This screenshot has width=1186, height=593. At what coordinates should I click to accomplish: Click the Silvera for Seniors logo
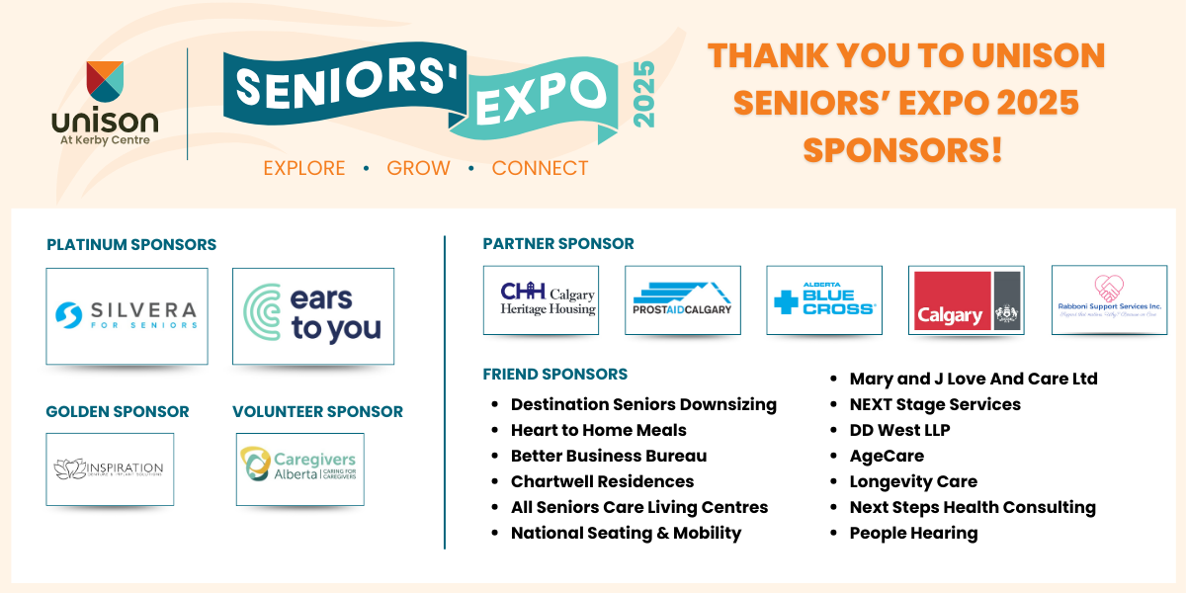(x=127, y=316)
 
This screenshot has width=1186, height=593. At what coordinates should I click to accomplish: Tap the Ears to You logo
(x=313, y=316)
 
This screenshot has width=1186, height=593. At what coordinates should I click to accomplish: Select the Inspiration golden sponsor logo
(x=110, y=468)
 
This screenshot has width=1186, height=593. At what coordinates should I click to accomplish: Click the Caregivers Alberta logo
(x=299, y=468)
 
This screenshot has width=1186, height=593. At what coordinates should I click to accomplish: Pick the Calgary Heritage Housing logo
(x=541, y=299)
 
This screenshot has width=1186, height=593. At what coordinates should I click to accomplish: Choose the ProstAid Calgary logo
(x=683, y=299)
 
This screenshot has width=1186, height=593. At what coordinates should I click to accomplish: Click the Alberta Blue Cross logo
(x=824, y=299)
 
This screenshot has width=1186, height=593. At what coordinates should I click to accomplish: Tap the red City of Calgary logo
(x=950, y=300)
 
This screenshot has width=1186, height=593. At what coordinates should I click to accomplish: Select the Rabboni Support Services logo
(x=1109, y=299)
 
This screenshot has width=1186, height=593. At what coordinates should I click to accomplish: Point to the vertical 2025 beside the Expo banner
(x=643, y=94)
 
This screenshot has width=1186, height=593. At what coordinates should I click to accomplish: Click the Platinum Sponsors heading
(x=131, y=245)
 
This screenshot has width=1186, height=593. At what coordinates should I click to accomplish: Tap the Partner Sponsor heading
(x=558, y=243)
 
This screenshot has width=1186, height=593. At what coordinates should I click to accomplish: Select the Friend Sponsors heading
(x=555, y=375)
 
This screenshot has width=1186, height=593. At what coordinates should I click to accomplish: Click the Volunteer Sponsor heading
(x=317, y=411)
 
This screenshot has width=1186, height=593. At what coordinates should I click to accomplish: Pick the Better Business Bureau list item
(x=608, y=456)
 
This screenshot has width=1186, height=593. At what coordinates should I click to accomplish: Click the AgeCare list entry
(x=887, y=456)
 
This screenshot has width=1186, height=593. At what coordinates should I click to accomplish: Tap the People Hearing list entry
(x=913, y=533)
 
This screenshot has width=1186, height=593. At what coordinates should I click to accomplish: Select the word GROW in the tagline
(x=418, y=168)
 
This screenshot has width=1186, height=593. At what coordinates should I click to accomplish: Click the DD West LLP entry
(x=899, y=430)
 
